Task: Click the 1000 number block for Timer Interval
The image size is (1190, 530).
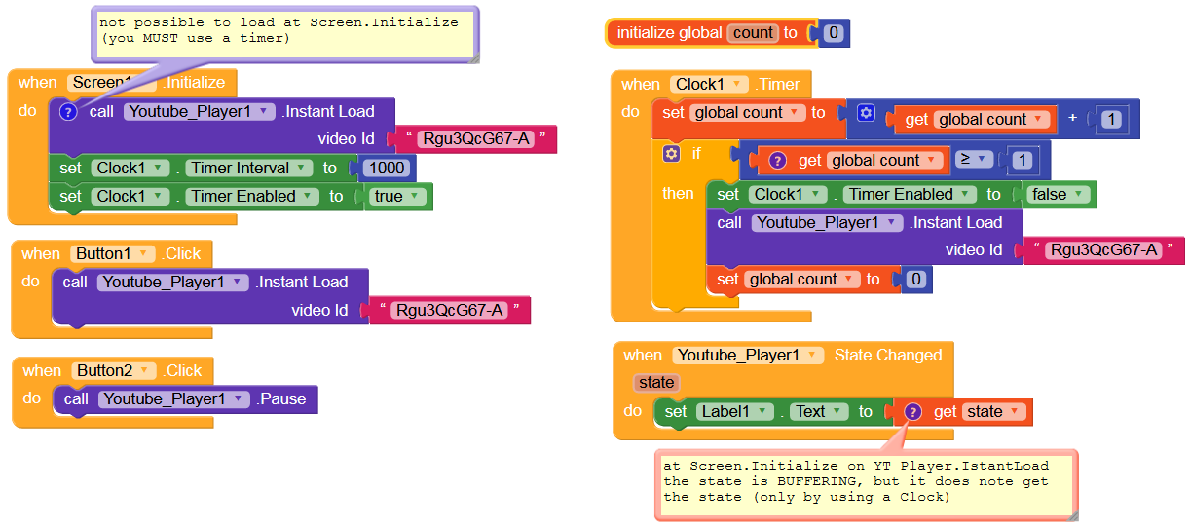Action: (x=387, y=168)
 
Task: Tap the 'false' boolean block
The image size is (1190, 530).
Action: (x=1059, y=195)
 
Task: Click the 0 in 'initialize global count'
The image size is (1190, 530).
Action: (x=834, y=33)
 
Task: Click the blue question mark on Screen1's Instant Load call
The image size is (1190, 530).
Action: (x=68, y=112)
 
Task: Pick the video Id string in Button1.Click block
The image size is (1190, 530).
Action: (x=449, y=310)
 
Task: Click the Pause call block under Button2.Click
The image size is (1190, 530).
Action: (x=185, y=399)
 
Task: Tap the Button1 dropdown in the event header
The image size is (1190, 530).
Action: (x=113, y=253)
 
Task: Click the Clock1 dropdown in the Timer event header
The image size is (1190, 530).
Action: (x=709, y=84)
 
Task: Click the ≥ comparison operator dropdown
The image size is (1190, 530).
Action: (x=973, y=159)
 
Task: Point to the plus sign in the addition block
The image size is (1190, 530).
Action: (x=1072, y=118)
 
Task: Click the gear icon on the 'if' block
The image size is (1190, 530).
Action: (x=672, y=154)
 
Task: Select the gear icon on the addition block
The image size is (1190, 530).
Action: (x=866, y=113)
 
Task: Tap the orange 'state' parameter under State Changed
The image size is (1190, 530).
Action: (x=656, y=382)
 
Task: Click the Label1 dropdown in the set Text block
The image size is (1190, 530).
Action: (x=734, y=411)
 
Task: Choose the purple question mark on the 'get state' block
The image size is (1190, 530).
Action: (x=912, y=411)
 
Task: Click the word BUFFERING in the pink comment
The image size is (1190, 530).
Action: (x=816, y=481)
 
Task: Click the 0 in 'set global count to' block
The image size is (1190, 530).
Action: (x=916, y=279)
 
